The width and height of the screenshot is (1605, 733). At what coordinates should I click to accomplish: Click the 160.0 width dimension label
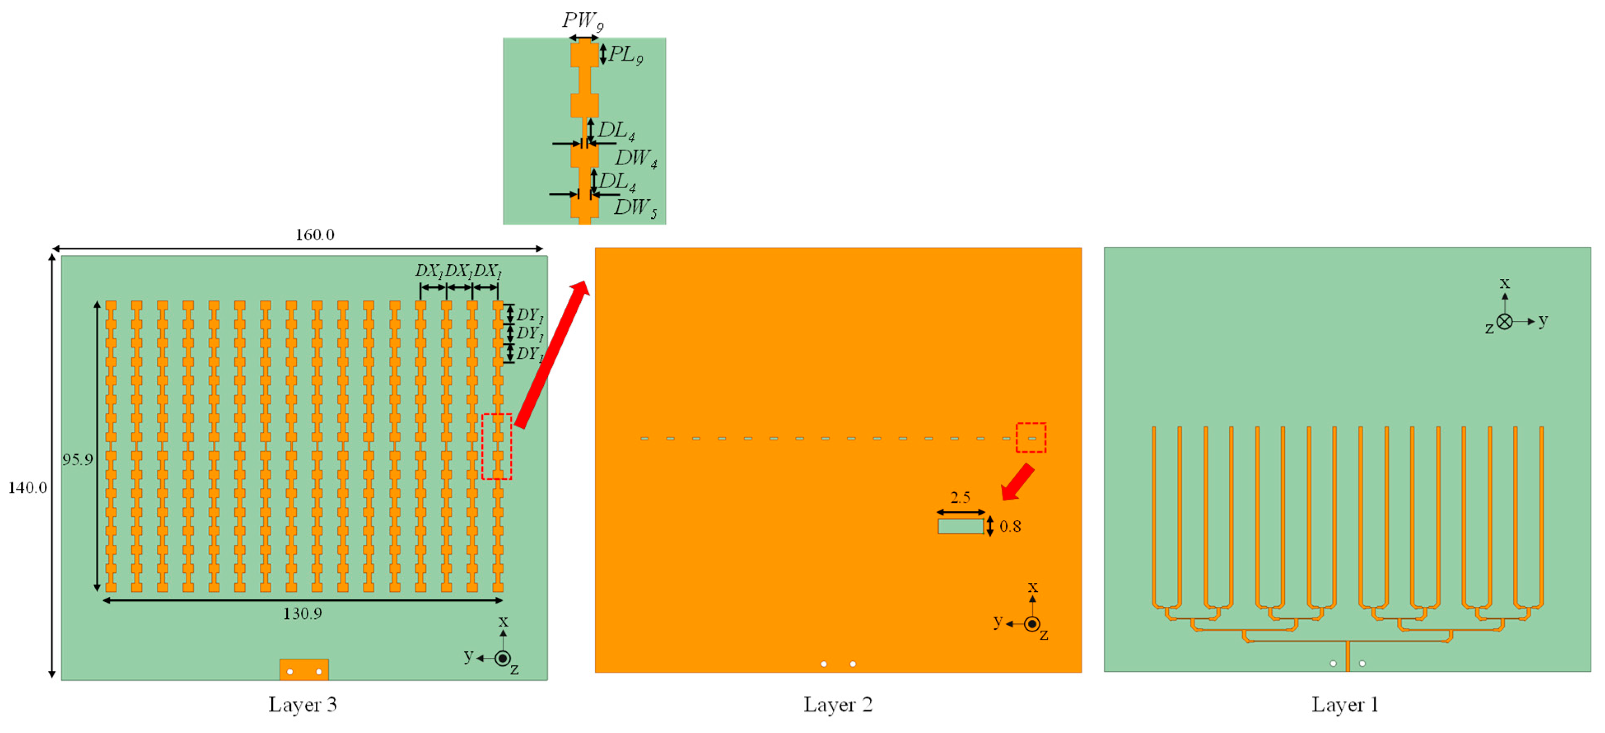314,235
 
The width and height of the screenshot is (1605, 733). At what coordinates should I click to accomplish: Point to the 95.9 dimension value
77,459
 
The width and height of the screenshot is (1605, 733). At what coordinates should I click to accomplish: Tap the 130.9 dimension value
302,614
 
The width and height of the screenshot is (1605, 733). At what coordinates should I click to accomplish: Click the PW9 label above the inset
582,21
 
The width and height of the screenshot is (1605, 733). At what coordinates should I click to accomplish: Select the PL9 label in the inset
626,55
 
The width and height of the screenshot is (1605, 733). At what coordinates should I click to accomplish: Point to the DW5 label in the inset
636,207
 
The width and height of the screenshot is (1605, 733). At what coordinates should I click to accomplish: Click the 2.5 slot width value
960,498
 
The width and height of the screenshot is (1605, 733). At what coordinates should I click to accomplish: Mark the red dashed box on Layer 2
1031,438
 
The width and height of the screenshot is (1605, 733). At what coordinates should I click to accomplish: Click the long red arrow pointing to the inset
552,355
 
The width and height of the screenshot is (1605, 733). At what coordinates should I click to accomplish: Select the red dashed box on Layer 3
496,447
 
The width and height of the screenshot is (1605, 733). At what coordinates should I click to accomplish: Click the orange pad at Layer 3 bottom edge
304,670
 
